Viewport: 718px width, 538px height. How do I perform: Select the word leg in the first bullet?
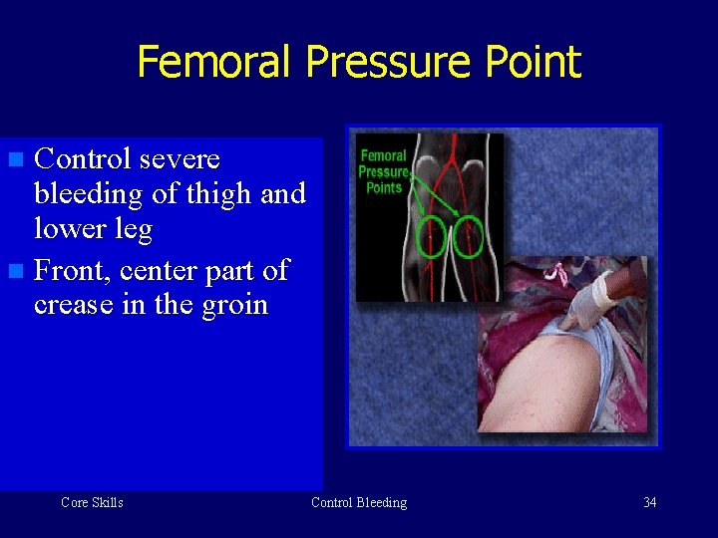135,230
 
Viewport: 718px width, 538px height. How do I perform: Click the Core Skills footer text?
92,502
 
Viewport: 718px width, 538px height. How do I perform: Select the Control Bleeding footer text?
359,502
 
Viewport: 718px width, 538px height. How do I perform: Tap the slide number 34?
649,502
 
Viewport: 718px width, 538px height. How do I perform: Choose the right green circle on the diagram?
468,237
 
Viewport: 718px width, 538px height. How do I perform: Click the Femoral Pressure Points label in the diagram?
384,170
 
